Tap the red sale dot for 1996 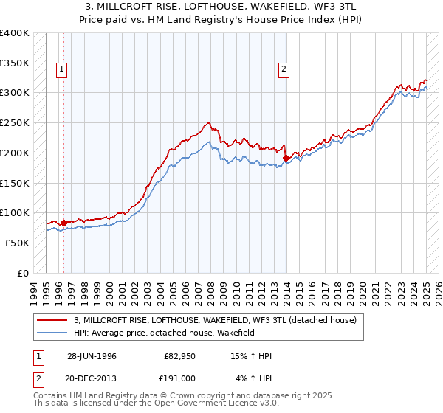tap(63, 223)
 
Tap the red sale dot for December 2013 tap(286, 158)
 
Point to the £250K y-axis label tap(15, 122)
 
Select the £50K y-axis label tap(17, 243)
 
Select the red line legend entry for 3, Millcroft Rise tap(215, 320)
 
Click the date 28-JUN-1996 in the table tap(92, 356)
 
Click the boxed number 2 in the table tap(38, 378)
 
